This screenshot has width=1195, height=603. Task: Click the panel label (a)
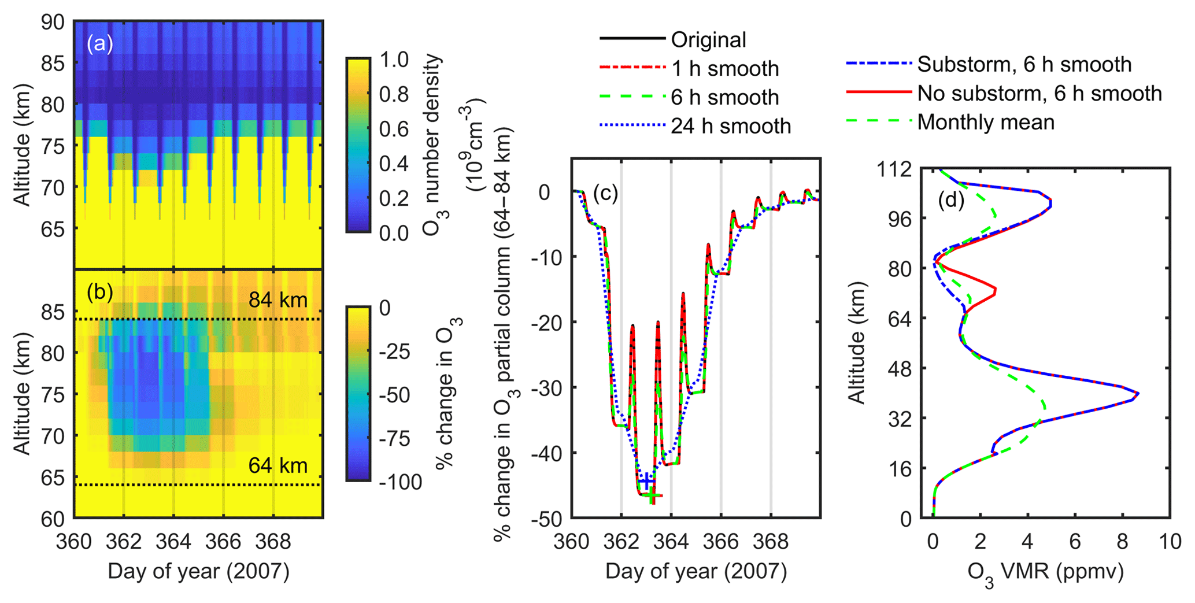[99, 44]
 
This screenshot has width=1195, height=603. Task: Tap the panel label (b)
[99, 293]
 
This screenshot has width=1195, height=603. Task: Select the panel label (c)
[605, 194]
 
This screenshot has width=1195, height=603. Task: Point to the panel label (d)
[951, 201]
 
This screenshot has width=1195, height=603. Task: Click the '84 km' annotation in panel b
[278, 300]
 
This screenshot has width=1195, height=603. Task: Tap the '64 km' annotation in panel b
[278, 465]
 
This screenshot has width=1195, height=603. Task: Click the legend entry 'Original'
[708, 40]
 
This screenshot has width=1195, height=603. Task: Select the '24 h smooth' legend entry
[731, 126]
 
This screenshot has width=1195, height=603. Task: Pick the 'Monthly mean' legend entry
[986, 123]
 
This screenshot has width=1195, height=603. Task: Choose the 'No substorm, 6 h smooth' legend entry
[1039, 94]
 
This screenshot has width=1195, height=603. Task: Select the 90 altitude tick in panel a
[53, 22]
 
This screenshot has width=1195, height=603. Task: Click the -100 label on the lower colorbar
[401, 482]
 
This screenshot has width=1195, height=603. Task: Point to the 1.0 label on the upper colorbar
[394, 60]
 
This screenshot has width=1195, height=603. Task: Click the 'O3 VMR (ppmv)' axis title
[1045, 572]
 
